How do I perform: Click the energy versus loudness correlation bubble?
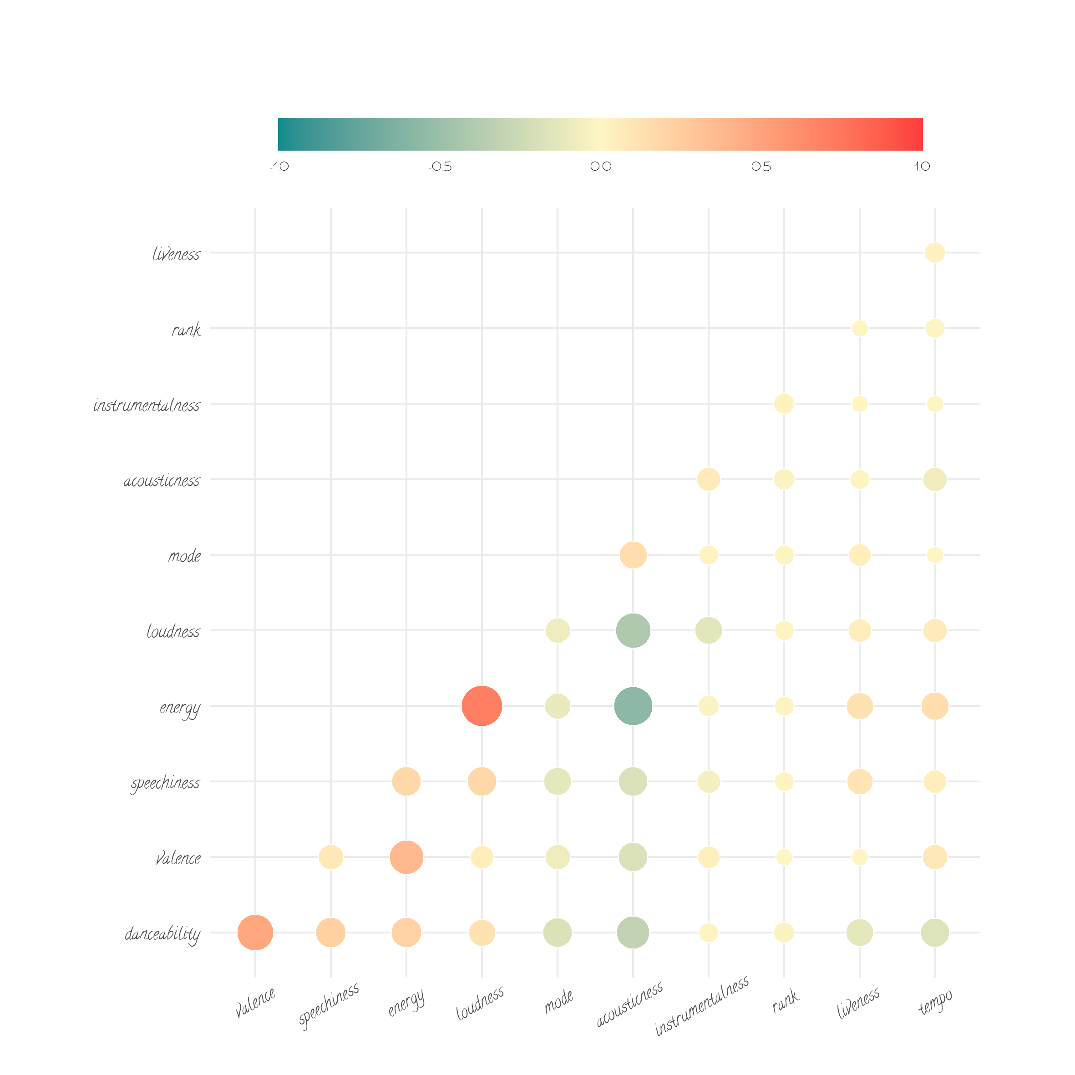tap(482, 706)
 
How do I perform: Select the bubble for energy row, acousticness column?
tap(633, 706)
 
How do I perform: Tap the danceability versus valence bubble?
tap(255, 933)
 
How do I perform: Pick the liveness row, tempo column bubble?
tap(935, 253)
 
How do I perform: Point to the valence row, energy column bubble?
tap(406, 857)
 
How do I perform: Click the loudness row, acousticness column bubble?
tap(633, 630)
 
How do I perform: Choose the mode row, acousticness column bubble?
tap(633, 555)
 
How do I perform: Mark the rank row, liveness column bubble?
tap(860, 328)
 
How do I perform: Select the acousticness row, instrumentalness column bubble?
tap(708, 479)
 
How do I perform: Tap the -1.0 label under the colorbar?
tap(279, 167)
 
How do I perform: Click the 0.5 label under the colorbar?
tap(761, 167)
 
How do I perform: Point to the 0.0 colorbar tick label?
tap(600, 167)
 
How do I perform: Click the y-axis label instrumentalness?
tap(147, 405)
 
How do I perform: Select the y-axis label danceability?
tap(162, 933)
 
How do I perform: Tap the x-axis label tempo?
tap(935, 1002)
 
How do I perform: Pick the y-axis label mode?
tap(184, 556)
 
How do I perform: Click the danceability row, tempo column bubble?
tap(935, 933)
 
